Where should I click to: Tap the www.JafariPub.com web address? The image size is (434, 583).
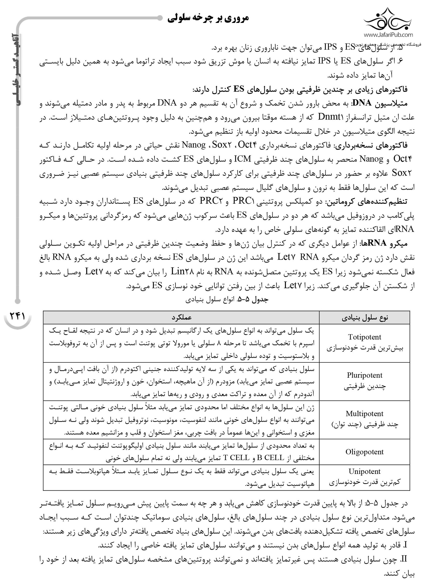click(388, 34)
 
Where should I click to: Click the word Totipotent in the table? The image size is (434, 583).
click(364, 337)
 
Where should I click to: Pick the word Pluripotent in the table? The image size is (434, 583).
click(364, 375)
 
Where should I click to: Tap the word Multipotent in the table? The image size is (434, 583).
click(364, 414)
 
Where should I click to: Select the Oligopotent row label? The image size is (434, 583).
click(364, 452)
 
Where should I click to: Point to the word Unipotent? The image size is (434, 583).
click(364, 471)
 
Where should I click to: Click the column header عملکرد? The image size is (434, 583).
click(182, 317)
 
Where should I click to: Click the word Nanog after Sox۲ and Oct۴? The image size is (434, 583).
click(194, 145)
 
